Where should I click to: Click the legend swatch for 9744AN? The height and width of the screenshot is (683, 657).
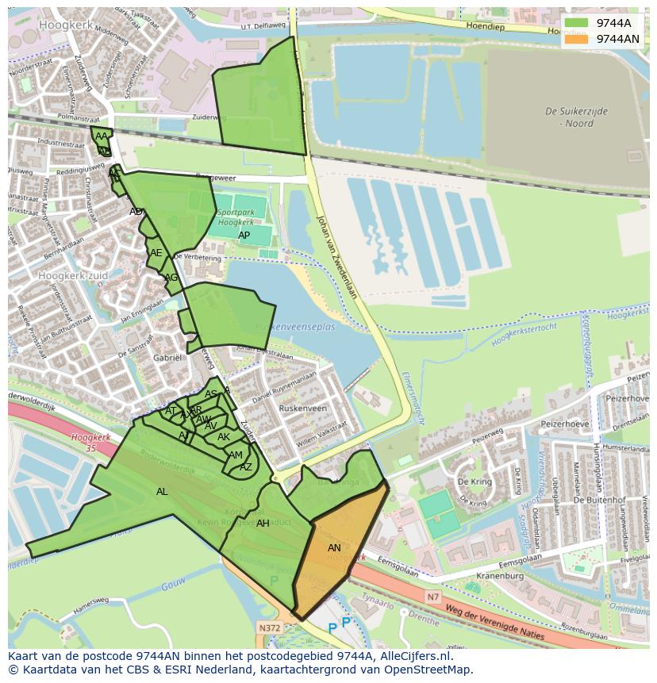click(577, 39)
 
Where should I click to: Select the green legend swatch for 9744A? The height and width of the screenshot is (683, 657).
click(577, 23)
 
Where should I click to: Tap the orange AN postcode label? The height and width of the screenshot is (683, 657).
click(334, 548)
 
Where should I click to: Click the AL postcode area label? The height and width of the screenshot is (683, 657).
click(162, 492)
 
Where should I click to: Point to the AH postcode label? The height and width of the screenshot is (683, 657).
click(263, 524)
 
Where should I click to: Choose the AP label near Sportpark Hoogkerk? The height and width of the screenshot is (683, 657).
click(244, 236)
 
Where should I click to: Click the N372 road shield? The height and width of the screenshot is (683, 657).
click(268, 627)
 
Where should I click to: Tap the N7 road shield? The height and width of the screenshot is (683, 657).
click(432, 597)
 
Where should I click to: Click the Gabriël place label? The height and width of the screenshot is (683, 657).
click(167, 358)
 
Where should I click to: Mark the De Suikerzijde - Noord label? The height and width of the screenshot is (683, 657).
click(576, 117)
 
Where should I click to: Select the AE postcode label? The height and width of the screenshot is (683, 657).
click(156, 253)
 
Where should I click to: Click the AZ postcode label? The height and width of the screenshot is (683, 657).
click(246, 467)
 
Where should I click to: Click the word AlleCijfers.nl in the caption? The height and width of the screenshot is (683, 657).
click(413, 656)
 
